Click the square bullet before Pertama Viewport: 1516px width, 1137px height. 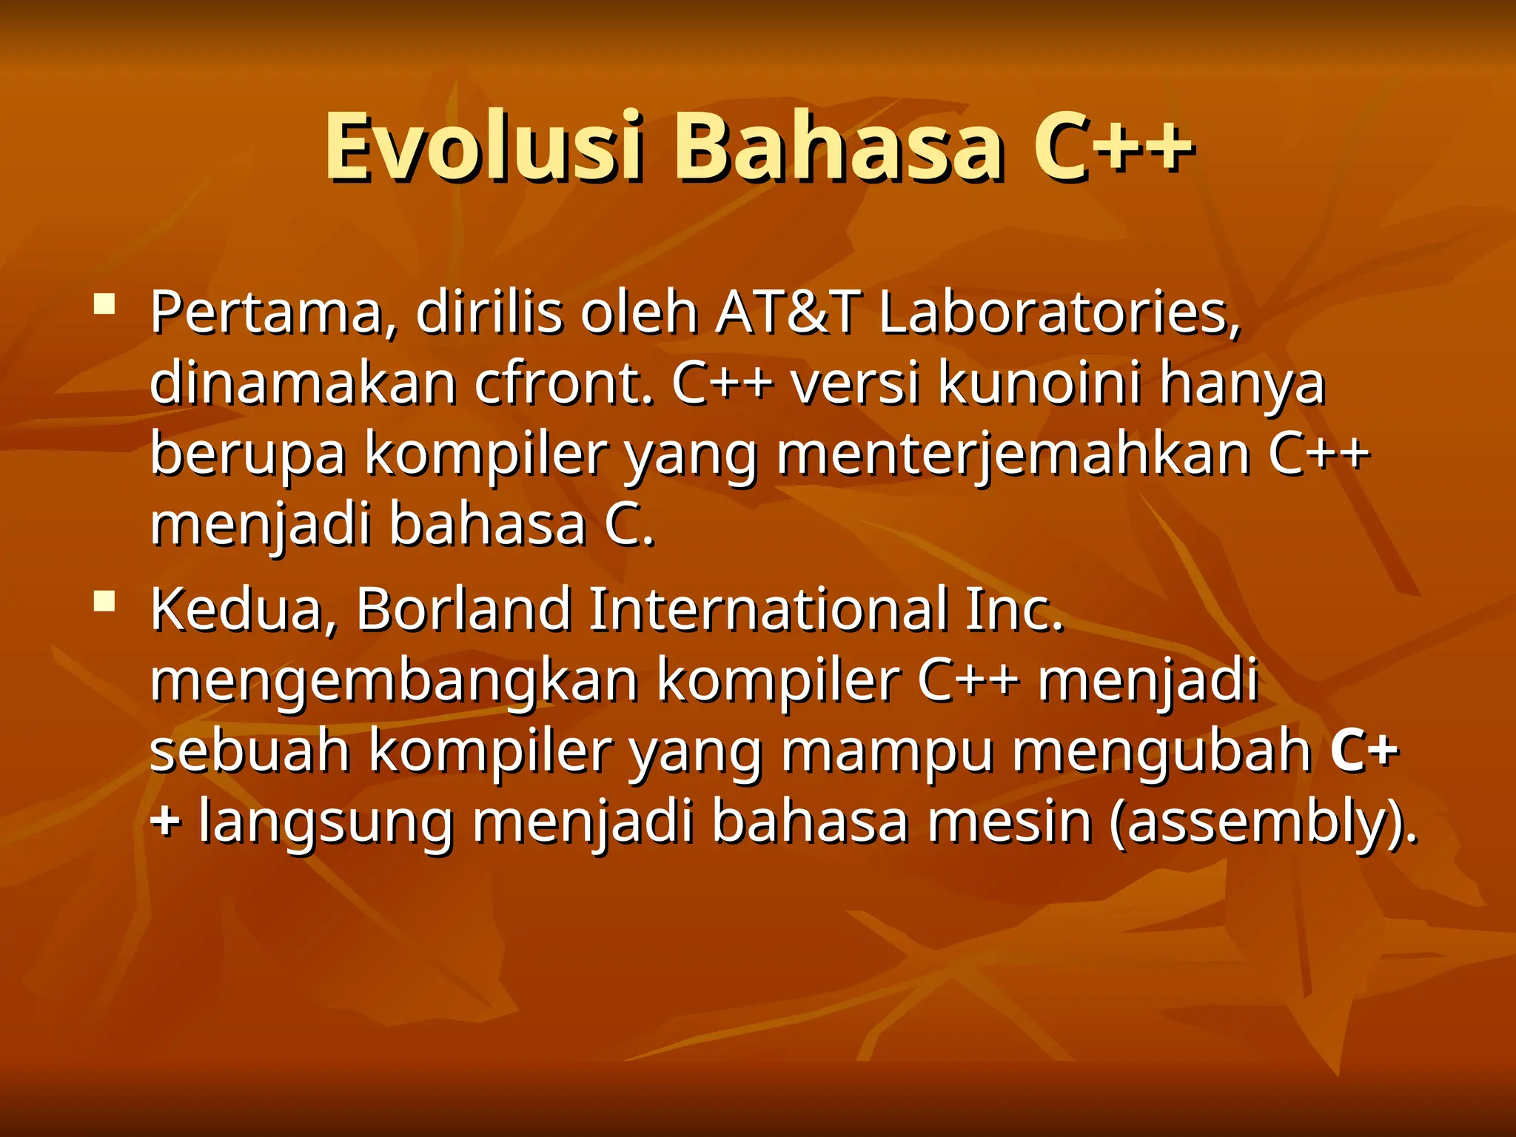point(104,304)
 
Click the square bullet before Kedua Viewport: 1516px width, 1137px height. point(104,600)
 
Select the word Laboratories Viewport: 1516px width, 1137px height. point(1059,313)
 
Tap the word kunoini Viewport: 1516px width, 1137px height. point(1039,383)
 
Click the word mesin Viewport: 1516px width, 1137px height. point(1010,822)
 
